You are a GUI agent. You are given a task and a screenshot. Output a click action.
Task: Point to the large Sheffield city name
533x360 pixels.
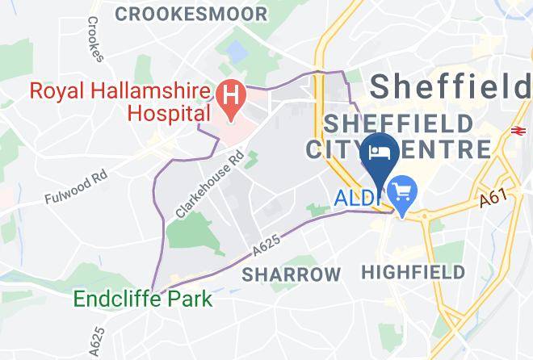451,85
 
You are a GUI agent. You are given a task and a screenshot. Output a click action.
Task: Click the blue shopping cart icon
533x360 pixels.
401,192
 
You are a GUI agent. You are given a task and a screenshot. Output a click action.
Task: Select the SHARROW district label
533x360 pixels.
292,274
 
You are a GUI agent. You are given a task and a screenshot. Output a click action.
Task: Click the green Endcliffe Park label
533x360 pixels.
143,299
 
